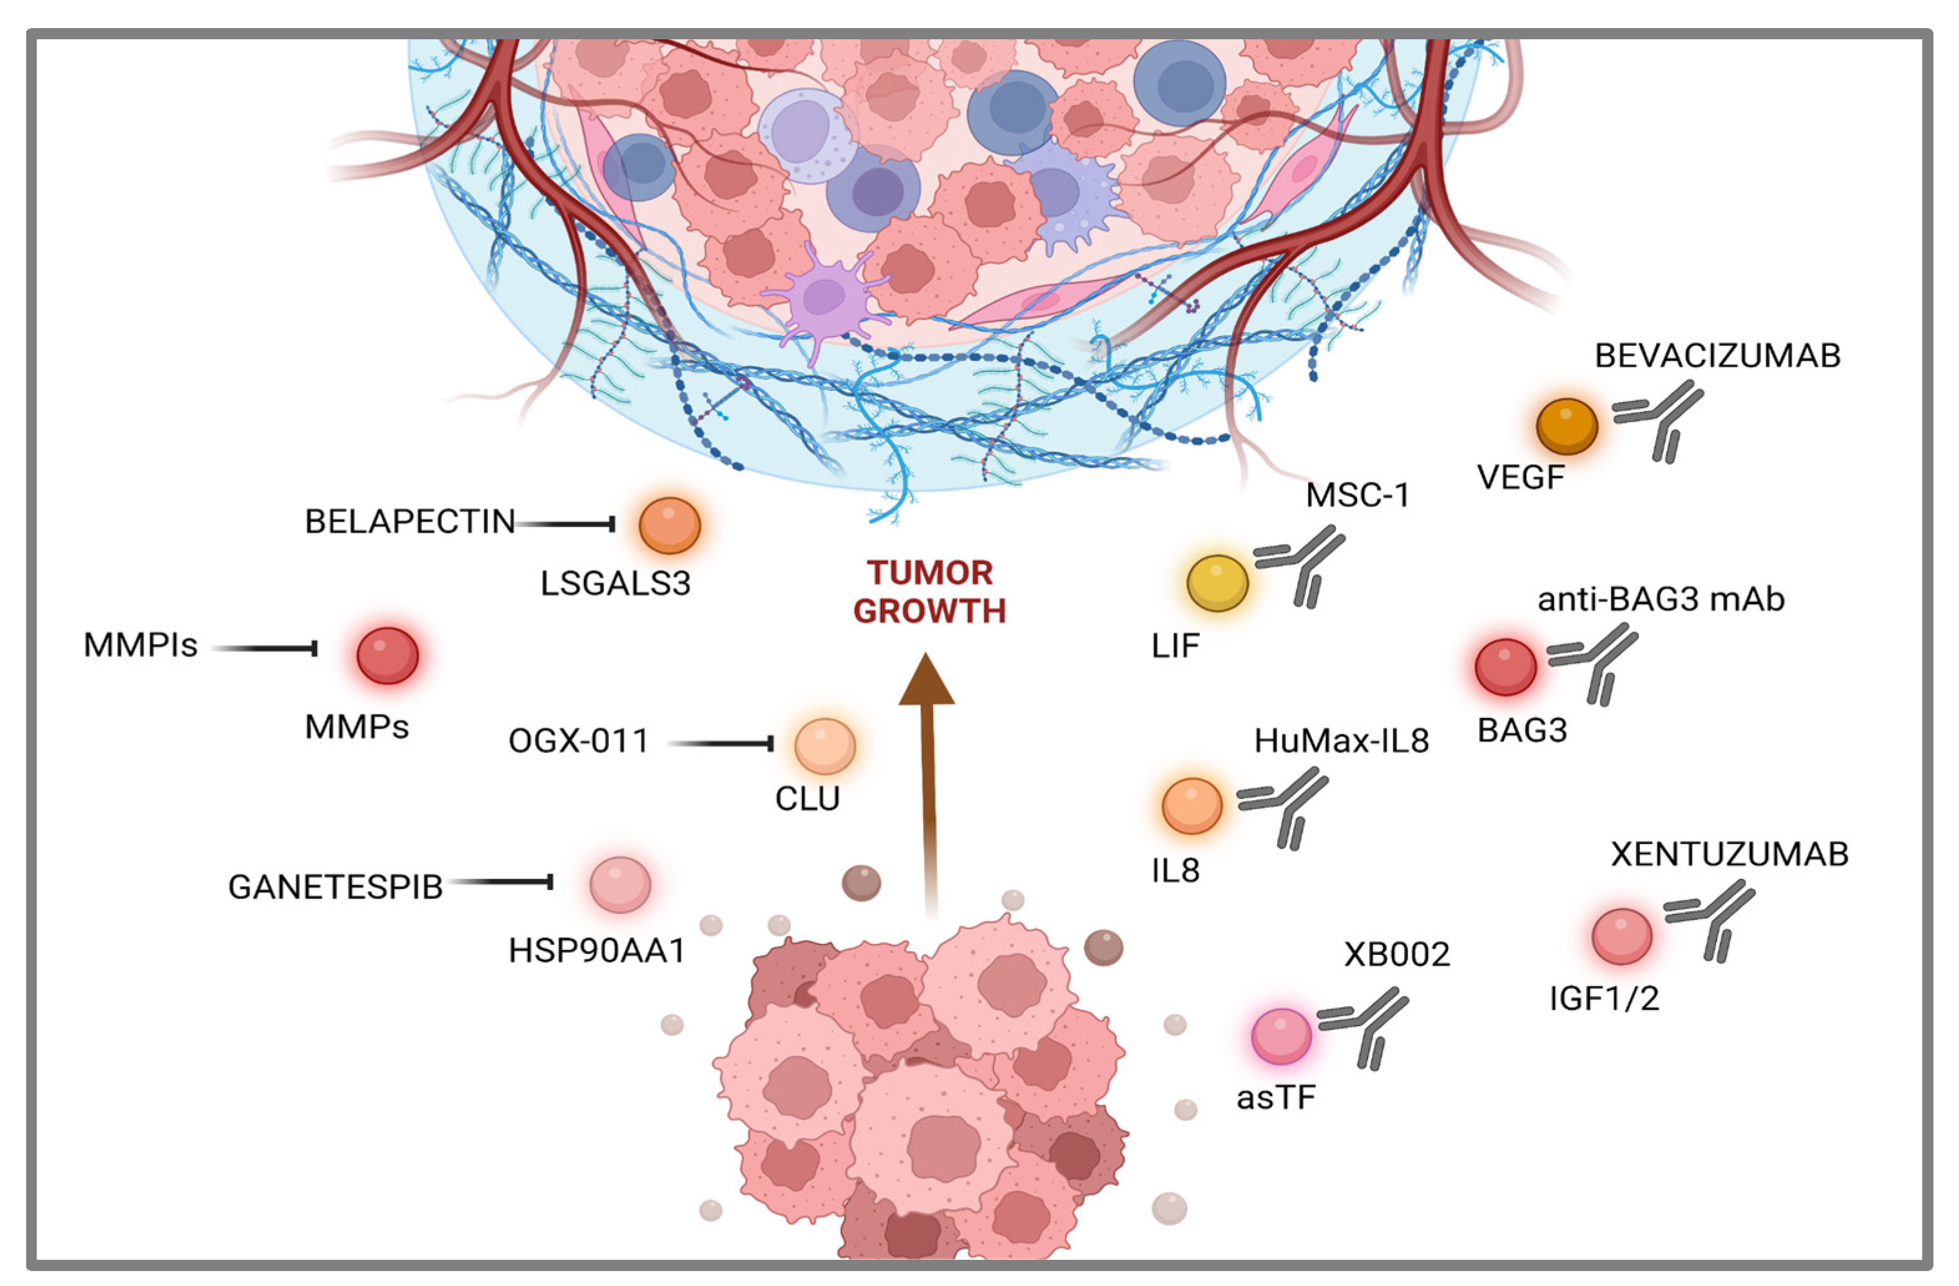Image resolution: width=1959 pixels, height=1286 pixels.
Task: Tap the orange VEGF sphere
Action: coord(1566,426)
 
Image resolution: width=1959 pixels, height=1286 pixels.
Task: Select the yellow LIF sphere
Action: coord(1217,583)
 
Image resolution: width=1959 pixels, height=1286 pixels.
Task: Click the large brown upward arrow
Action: coord(927,782)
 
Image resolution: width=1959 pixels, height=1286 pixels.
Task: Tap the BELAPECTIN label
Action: coord(409,522)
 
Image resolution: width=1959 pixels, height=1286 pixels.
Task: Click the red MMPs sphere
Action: coord(387,655)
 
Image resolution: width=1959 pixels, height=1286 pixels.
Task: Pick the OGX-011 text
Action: coord(578,741)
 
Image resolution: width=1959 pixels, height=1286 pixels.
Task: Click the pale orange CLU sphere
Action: coord(824,746)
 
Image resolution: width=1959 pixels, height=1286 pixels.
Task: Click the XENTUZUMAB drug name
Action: coord(1728,855)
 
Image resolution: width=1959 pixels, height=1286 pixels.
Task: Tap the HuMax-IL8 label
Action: coord(1341,742)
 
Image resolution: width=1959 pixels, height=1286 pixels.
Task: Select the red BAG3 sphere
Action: coord(1505,667)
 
